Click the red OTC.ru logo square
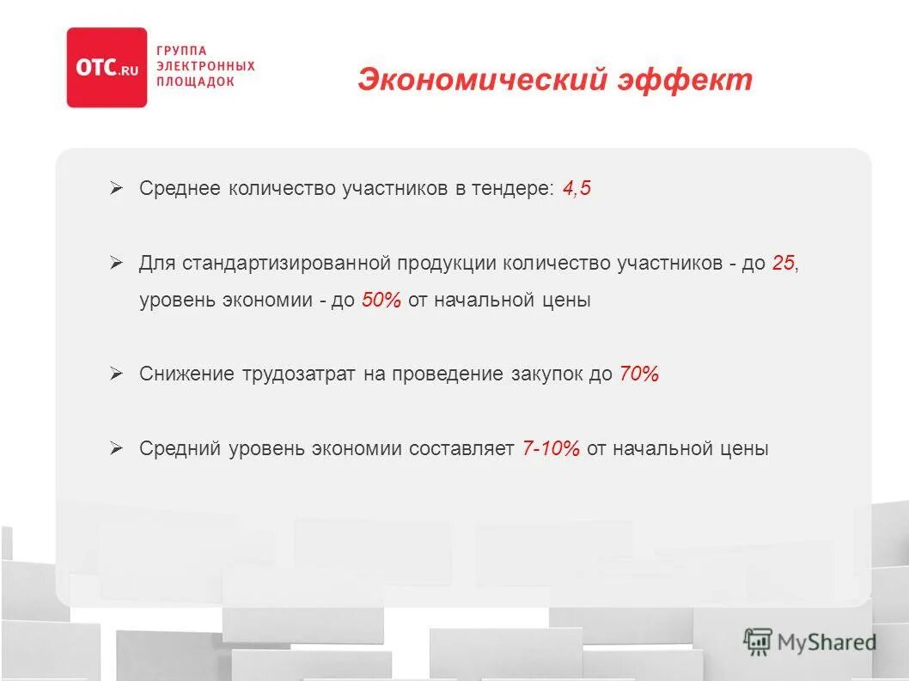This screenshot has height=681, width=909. [107, 68]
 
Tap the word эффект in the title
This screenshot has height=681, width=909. [684, 80]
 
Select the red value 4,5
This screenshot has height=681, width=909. [577, 189]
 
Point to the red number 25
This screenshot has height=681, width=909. [783, 264]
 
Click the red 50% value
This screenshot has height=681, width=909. [381, 301]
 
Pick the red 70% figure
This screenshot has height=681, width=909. [638, 374]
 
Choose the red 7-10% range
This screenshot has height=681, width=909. [551, 448]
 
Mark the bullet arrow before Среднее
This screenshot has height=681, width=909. [117, 188]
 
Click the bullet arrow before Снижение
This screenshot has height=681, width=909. [117, 374]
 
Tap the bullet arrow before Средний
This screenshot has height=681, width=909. [117, 447]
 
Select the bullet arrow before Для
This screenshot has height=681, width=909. [117, 263]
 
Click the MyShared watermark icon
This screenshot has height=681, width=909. [758, 641]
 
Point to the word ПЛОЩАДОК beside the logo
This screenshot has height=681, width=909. [194, 81]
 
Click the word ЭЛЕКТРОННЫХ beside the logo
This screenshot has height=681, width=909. [205, 66]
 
